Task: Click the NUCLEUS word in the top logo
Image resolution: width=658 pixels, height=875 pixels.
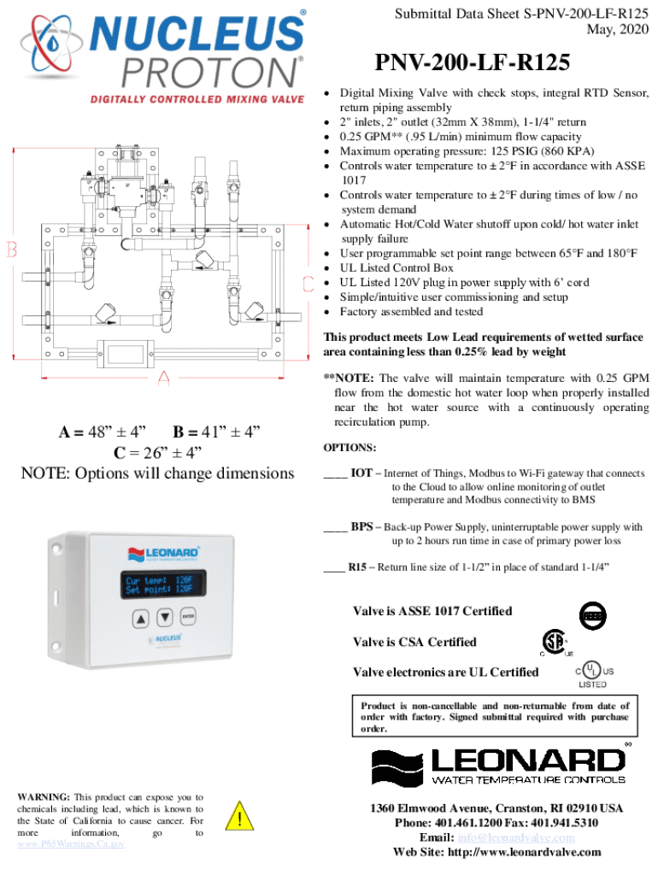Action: click(x=197, y=35)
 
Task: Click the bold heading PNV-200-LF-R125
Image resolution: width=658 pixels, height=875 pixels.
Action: click(x=471, y=64)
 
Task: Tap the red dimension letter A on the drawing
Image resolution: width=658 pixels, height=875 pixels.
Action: click(x=163, y=377)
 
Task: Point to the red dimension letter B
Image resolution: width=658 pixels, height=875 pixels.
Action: click(x=13, y=250)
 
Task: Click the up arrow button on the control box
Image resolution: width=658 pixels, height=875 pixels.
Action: click(x=141, y=618)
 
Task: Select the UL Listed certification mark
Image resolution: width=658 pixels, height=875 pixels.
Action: click(x=592, y=673)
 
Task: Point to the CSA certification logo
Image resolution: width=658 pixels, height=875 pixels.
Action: click(x=555, y=643)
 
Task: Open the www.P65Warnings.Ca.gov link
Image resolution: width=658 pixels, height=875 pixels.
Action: click(x=71, y=843)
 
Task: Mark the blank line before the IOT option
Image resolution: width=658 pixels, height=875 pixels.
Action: click(x=335, y=473)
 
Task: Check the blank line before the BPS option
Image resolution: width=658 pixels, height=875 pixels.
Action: click(x=335, y=528)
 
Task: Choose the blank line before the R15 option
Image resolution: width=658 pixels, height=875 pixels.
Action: click(x=335, y=567)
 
